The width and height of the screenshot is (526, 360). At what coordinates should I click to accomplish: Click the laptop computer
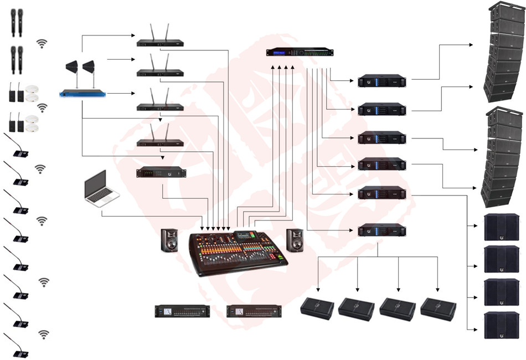pyautogui.click(x=100, y=188)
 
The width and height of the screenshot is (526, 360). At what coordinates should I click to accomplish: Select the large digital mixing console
pyautogui.click(x=238, y=252)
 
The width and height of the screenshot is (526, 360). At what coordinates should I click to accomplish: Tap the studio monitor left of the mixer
pyautogui.click(x=169, y=240)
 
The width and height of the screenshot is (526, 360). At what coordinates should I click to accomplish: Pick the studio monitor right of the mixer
pyautogui.click(x=295, y=240)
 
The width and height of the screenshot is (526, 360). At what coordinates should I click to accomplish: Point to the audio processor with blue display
pyautogui.click(x=300, y=53)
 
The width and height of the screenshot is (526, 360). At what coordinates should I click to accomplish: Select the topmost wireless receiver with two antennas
pyautogui.click(x=160, y=42)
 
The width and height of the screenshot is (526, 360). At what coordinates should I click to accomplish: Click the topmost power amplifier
pyautogui.click(x=381, y=81)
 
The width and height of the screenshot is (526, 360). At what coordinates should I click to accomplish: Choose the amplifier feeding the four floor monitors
pyautogui.click(x=381, y=230)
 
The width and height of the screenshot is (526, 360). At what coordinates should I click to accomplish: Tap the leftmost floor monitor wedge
pyautogui.click(x=317, y=308)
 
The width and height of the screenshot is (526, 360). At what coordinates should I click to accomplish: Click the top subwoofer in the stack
pyautogui.click(x=501, y=227)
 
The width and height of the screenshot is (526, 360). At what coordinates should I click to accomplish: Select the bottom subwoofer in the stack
pyautogui.click(x=501, y=325)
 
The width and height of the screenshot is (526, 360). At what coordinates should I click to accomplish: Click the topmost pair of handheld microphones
pyautogui.click(x=17, y=22)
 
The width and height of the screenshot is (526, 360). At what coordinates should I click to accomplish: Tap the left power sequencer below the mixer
pyautogui.click(x=183, y=311)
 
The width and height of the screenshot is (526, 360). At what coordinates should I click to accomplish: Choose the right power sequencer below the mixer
pyautogui.click(x=254, y=311)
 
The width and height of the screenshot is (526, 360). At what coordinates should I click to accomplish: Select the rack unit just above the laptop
pyautogui.click(x=161, y=172)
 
